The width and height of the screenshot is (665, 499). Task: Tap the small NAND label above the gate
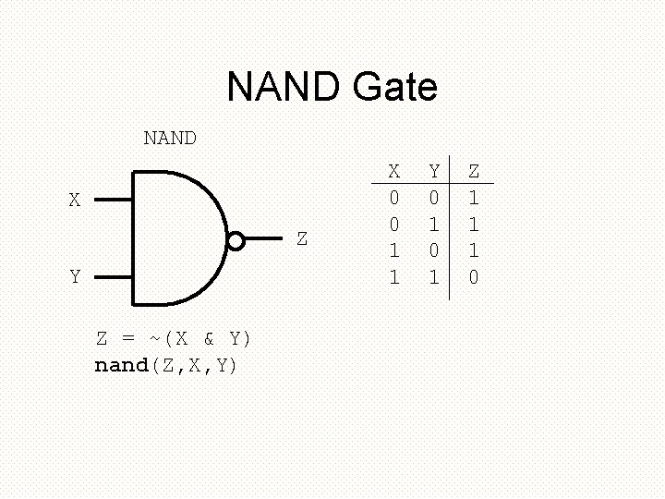170,138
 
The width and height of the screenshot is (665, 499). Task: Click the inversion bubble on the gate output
236,241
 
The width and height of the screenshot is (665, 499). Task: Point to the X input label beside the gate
75,200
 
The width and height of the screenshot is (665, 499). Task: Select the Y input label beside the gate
75,276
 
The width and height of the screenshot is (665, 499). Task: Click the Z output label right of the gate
302,238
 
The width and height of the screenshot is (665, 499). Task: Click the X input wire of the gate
114,199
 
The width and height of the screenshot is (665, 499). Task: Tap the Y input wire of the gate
114,276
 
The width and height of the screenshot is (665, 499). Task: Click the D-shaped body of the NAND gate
175,238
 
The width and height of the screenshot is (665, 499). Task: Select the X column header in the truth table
394,171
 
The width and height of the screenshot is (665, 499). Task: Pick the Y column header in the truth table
434,171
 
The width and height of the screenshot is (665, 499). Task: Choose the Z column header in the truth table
474,171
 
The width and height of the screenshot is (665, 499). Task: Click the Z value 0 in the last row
474,277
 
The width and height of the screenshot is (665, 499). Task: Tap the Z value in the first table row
474,198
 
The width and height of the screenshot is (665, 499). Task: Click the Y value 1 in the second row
434,225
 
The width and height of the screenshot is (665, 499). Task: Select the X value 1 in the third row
394,250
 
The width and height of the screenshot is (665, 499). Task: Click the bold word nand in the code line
122,365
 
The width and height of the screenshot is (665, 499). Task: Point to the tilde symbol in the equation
154,338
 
